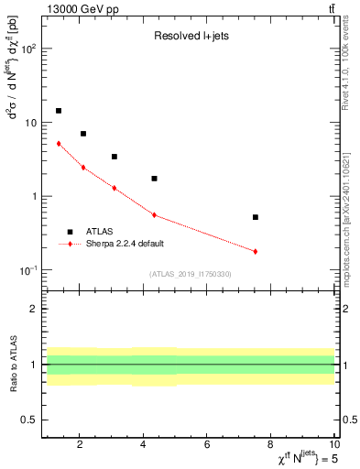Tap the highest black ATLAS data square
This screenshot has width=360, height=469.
59,111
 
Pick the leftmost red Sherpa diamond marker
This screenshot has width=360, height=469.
59,144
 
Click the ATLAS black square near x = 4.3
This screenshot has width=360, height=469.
154,179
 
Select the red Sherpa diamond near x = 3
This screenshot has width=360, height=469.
114,188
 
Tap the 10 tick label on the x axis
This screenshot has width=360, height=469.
334,445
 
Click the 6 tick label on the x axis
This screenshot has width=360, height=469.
207,445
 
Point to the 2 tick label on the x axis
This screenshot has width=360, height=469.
80,445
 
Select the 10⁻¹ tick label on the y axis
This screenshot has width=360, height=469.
29,270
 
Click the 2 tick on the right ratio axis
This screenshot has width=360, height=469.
344,310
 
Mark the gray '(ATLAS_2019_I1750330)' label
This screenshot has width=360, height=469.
191,274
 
